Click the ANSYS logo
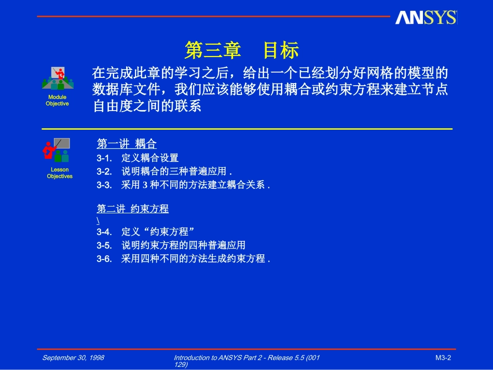click(426, 18)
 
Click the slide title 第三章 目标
click(242, 51)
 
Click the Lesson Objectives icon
click(57, 150)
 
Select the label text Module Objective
click(57, 100)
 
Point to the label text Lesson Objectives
click(60, 173)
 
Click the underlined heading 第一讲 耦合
click(127, 144)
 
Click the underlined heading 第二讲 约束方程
click(133, 209)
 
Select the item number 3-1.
click(104, 158)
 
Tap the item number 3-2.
click(104, 171)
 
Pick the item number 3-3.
click(104, 185)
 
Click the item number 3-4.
click(104, 231)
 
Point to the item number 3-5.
click(104, 245)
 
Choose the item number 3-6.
click(104, 258)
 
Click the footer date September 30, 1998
click(73, 358)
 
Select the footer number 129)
click(181, 364)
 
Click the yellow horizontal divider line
click(246, 129)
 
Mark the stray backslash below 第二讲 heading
click(98, 221)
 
